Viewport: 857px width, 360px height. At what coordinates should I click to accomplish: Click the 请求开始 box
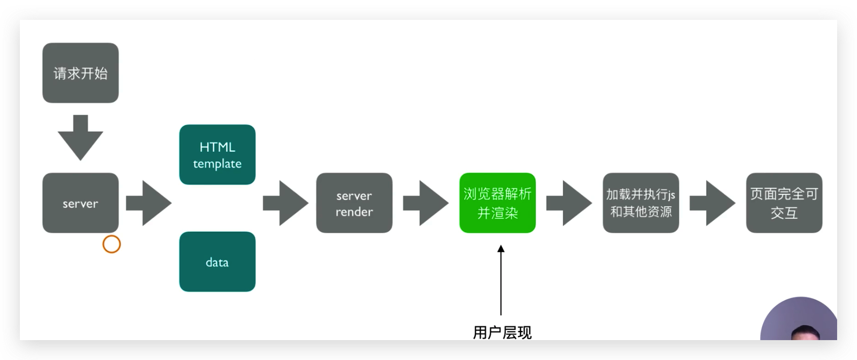pos(81,73)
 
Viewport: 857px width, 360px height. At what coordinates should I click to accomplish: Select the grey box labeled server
pos(81,203)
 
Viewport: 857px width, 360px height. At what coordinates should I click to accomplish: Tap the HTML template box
pos(217,155)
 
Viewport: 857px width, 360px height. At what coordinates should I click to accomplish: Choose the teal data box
pos(217,262)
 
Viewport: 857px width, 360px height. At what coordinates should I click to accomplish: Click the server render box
pos(354,203)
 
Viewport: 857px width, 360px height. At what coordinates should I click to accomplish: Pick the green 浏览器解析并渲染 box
pos(497,203)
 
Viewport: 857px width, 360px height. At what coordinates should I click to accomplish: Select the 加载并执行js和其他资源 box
pos(641,203)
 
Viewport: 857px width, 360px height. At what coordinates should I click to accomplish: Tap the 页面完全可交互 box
pos(784,203)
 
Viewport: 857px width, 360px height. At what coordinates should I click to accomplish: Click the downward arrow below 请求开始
pos(81,137)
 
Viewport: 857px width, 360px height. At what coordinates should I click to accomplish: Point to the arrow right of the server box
pos(149,203)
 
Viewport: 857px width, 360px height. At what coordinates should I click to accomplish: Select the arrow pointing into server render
pos(285,203)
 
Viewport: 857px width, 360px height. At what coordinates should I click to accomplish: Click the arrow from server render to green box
pos(426,203)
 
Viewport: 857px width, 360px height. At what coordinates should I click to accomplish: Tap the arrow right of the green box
pos(569,203)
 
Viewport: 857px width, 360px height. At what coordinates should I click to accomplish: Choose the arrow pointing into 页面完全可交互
pos(712,203)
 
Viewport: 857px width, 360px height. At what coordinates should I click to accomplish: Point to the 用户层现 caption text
pos(502,332)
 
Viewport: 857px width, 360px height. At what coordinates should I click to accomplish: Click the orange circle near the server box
pos(111,244)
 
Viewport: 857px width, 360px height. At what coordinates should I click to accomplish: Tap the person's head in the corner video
pos(804,333)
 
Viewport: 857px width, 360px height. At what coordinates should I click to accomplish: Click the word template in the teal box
pos(217,164)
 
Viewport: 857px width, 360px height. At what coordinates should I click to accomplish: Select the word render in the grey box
pos(354,212)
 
